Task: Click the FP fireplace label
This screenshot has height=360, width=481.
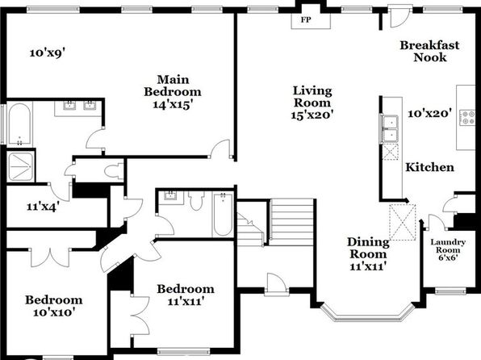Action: (306, 20)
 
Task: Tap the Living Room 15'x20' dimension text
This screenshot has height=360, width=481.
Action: (312, 115)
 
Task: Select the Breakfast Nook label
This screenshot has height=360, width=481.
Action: (429, 51)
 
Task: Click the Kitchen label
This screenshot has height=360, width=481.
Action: (430, 167)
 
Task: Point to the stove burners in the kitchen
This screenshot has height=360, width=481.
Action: (467, 118)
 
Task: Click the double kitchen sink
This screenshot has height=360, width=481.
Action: (390, 129)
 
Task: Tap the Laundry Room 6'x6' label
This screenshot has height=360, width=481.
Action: (448, 250)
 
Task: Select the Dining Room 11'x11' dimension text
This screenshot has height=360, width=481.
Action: (367, 266)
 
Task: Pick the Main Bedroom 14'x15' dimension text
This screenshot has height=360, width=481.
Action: (173, 105)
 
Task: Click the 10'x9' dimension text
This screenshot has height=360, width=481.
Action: (48, 52)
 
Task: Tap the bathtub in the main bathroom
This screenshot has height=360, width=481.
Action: (19, 123)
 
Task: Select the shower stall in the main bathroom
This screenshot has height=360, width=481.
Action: (20, 166)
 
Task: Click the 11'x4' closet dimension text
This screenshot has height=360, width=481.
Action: (43, 207)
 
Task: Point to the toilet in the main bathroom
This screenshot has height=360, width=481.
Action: (113, 170)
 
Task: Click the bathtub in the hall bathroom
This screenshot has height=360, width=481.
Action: (223, 214)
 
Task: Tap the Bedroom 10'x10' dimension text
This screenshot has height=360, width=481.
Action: (54, 312)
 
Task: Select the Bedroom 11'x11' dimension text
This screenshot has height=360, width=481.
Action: (186, 302)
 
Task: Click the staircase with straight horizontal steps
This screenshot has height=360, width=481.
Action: (291, 222)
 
